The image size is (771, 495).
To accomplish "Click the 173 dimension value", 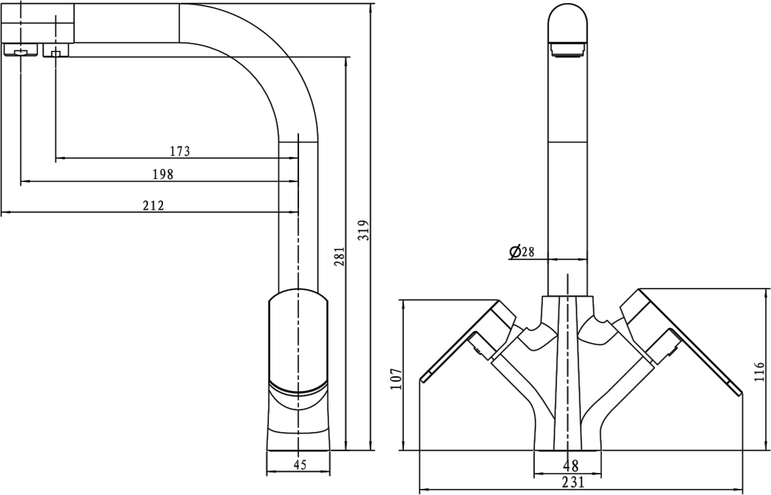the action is tap(180, 151).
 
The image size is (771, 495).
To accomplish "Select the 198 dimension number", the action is tap(163, 175).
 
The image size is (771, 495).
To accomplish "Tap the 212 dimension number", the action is tap(153, 205).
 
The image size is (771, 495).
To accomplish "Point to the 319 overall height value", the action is tap(364, 230).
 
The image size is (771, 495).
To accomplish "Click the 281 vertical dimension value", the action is tap(340, 256).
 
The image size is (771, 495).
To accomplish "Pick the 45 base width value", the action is tap(300, 465).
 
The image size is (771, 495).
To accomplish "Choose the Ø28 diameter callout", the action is tap(522, 252).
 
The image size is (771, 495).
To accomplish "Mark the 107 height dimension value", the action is tap(396, 379).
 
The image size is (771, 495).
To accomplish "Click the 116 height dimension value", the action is tap(759, 371).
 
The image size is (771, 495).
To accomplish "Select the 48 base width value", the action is tap(571, 466).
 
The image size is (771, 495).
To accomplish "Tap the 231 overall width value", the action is tap(573, 482).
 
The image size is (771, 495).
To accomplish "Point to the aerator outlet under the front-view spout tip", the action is tap(568, 49).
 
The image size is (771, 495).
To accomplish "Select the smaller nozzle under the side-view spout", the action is tap(56, 50).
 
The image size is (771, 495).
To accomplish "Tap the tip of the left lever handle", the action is tap(422, 379).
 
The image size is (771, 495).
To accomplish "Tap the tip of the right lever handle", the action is tap(739, 393).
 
